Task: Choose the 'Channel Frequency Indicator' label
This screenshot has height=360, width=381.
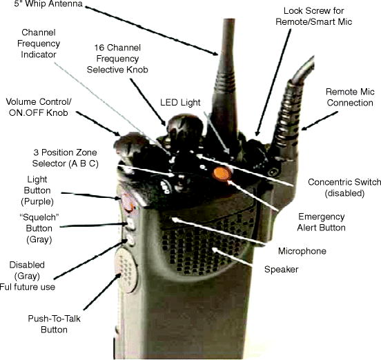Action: [45, 42]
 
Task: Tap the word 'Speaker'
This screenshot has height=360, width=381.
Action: [280, 269]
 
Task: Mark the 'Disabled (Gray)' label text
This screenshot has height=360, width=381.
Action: [28, 270]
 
